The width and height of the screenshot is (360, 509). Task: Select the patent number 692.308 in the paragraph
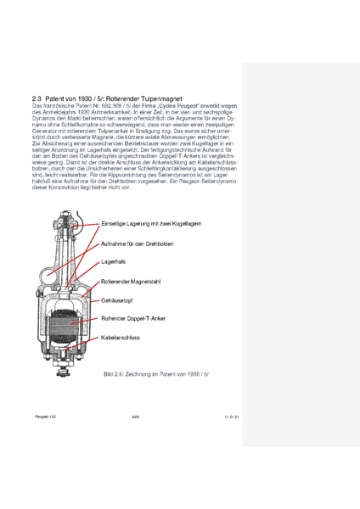(115, 108)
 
